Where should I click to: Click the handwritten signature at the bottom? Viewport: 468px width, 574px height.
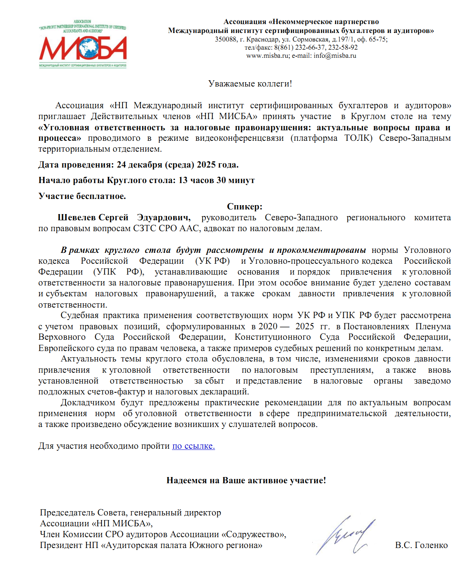point(345,535)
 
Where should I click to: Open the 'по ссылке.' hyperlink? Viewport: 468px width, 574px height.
point(193,446)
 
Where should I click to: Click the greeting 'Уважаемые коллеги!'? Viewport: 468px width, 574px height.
point(250,84)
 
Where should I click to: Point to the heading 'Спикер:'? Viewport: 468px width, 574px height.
point(244,206)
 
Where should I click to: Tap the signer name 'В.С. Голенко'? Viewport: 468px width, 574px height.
point(421,545)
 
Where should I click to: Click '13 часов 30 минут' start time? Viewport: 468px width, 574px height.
point(216,180)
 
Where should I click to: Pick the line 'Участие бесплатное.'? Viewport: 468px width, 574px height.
point(82,196)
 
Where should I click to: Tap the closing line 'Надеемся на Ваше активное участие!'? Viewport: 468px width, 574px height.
point(246,481)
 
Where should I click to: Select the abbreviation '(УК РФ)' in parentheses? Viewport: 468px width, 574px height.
point(212,261)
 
